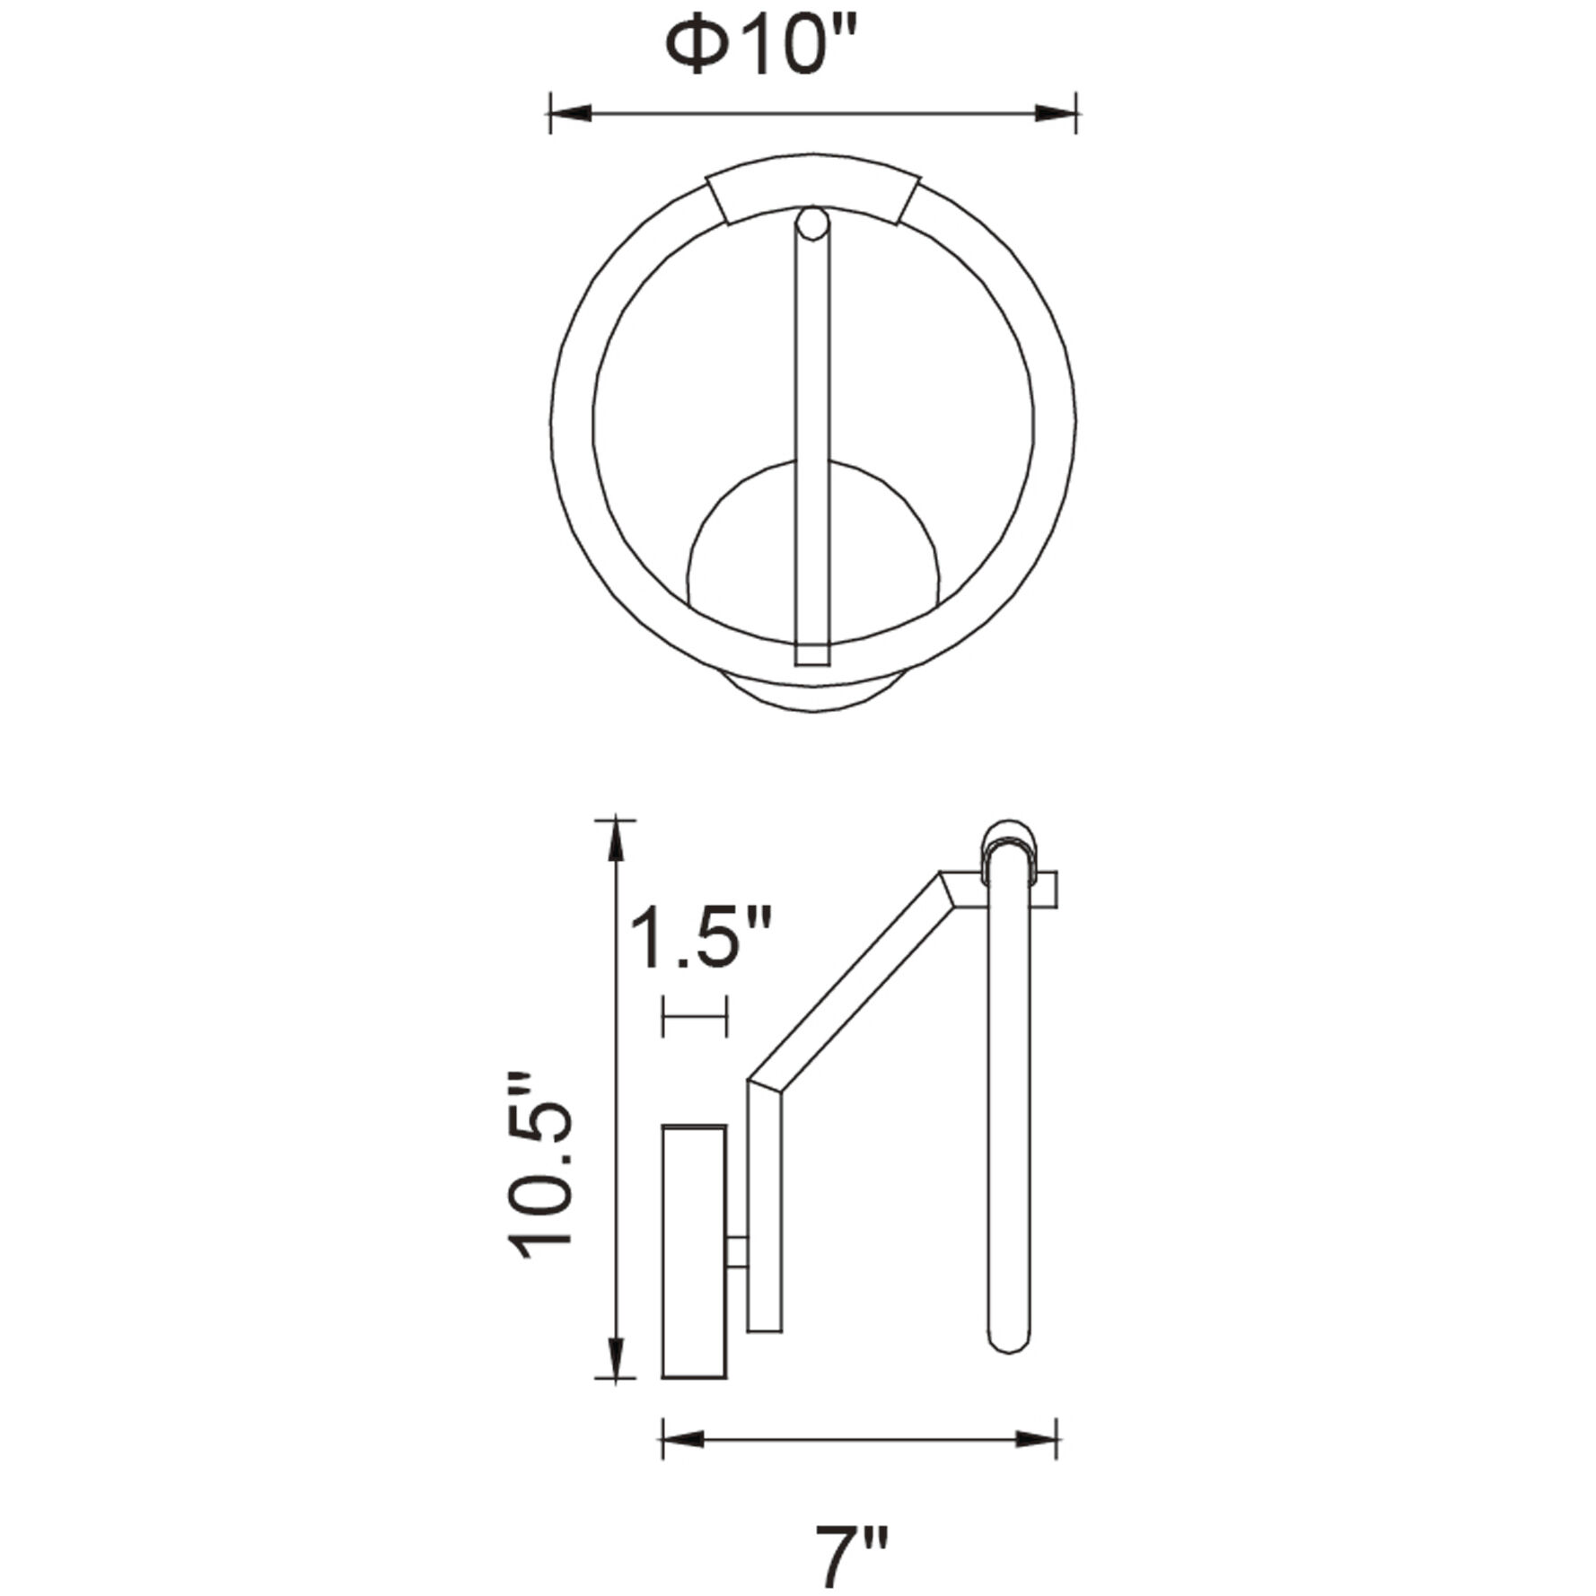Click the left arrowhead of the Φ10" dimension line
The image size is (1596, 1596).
tap(570, 114)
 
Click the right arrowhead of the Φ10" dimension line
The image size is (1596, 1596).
tap(1056, 114)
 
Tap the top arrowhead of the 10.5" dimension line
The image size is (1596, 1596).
tap(616, 840)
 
